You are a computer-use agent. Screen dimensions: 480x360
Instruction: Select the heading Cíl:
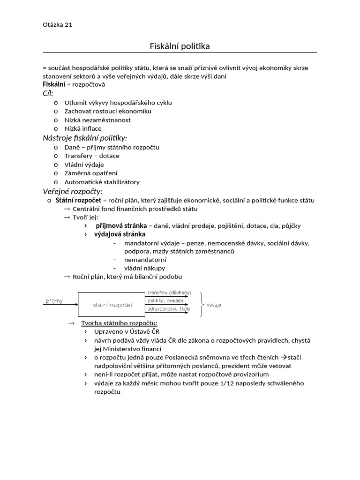(48, 93)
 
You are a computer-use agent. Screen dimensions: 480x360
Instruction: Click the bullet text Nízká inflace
(83, 128)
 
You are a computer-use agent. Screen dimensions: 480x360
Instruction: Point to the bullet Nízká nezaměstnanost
(97, 120)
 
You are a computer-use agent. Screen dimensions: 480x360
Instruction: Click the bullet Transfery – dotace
(92, 156)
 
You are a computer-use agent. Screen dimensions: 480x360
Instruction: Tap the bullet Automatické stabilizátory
(102, 182)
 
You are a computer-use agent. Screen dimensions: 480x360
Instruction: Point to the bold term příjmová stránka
(121, 225)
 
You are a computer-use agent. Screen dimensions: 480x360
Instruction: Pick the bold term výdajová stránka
(120, 234)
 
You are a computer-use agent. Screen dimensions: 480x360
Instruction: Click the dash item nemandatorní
(145, 260)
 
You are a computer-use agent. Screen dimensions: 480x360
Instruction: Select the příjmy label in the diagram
(54, 300)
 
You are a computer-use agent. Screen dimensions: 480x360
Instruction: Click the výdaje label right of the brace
(214, 305)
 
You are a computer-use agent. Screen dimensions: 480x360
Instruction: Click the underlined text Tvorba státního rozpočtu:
(120, 323)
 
